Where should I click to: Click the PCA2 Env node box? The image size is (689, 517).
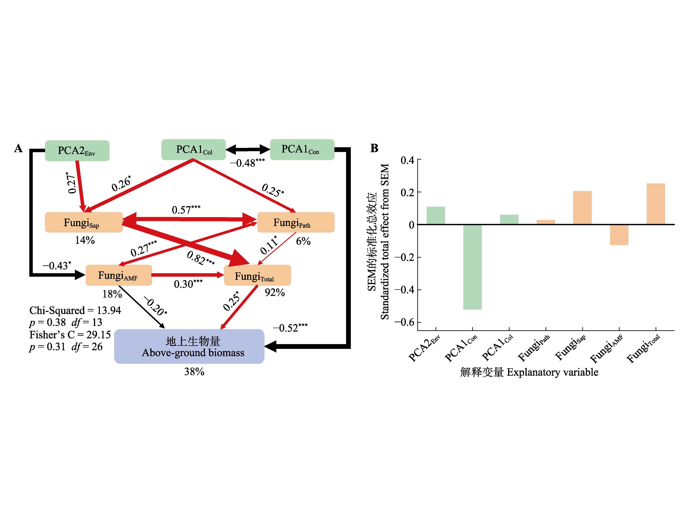coord(77,151)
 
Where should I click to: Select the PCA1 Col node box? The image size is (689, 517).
coord(193,150)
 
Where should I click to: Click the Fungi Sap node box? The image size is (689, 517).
coord(84,222)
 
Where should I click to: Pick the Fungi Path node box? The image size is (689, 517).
coord(296,222)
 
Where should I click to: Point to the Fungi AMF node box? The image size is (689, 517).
coord(119,275)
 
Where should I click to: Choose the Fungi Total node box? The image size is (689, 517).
coord(257,276)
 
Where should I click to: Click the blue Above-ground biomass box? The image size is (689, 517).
coord(189,347)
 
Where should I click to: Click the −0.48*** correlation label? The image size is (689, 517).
coord(247,163)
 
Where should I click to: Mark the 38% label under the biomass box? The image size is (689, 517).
coord(194,372)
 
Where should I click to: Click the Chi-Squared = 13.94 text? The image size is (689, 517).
coord(75,310)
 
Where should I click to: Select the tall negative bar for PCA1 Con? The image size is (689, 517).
coord(472,267)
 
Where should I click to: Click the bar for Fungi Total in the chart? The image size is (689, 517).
coord(656,204)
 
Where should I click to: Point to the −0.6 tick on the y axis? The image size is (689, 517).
coord(404,322)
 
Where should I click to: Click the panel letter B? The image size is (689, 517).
coord(374,148)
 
